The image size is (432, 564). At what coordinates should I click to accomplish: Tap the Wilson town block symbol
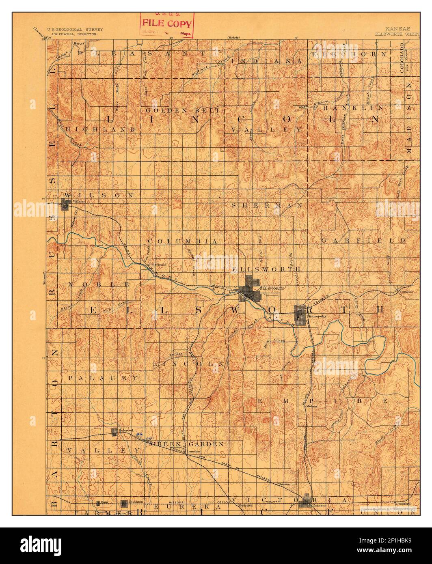[x=65, y=205]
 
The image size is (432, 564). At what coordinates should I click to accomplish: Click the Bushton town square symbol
[x=124, y=504]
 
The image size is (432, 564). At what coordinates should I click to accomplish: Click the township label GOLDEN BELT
[x=183, y=110]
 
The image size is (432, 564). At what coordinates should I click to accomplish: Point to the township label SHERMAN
[x=267, y=206]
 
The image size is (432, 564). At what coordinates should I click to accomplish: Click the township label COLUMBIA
[x=183, y=241]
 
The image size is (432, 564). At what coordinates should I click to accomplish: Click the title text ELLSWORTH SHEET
[x=392, y=34]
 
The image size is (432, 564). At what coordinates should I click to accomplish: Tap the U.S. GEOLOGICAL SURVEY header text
[x=75, y=30]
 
